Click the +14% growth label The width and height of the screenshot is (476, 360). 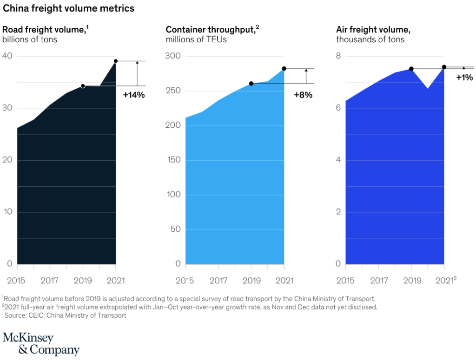[134, 95]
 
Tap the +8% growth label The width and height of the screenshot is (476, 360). [303, 95]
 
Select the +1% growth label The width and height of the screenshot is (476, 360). [464, 78]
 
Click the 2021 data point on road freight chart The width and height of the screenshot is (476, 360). [116, 61]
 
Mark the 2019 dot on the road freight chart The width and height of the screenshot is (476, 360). [83, 86]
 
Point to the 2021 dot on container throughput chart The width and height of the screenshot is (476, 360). [284, 69]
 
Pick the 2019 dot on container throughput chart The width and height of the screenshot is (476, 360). [251, 84]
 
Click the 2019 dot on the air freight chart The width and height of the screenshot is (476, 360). [411, 69]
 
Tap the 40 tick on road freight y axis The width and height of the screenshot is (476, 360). [8, 56]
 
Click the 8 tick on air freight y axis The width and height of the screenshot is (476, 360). [339, 56]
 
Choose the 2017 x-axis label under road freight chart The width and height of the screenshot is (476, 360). [50, 281]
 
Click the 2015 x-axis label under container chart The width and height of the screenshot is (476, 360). [185, 281]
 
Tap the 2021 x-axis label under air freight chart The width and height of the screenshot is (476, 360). [445, 281]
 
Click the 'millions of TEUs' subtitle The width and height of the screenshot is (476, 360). [196, 39]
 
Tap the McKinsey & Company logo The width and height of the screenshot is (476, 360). [41, 344]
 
